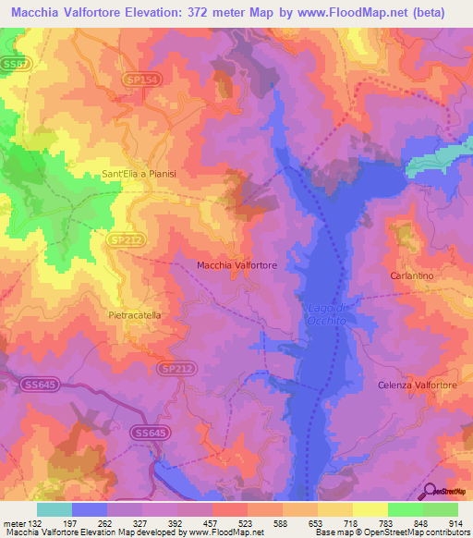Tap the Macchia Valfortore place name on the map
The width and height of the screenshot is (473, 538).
point(237,265)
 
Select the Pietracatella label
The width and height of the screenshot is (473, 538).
point(135,315)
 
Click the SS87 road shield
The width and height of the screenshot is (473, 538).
point(16,62)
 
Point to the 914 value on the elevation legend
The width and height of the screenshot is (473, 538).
point(455,522)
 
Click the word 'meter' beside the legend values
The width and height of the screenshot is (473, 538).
point(14,522)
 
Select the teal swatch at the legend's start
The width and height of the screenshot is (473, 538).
point(55,509)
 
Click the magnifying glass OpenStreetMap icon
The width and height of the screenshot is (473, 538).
point(431,492)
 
